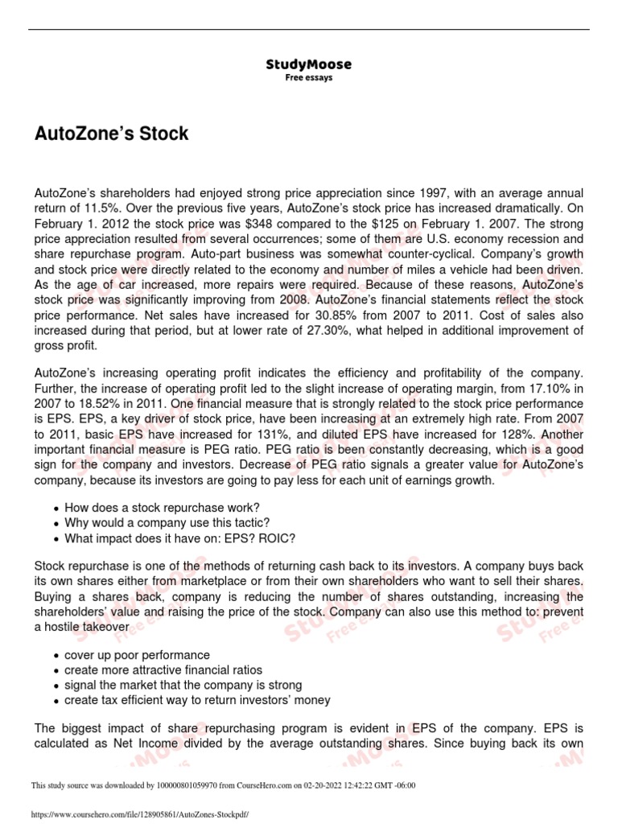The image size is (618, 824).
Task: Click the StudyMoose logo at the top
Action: tap(308, 64)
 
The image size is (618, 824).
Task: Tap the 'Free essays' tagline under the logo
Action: tap(308, 78)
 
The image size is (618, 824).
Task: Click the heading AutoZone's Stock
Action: tap(112, 134)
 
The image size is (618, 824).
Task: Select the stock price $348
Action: tap(216, 224)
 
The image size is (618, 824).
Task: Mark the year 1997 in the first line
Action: tap(433, 193)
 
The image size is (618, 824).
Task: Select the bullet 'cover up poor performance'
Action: tap(137, 655)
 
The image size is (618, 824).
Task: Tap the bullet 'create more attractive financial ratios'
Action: tap(163, 670)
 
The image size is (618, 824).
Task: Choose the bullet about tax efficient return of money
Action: tap(197, 700)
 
